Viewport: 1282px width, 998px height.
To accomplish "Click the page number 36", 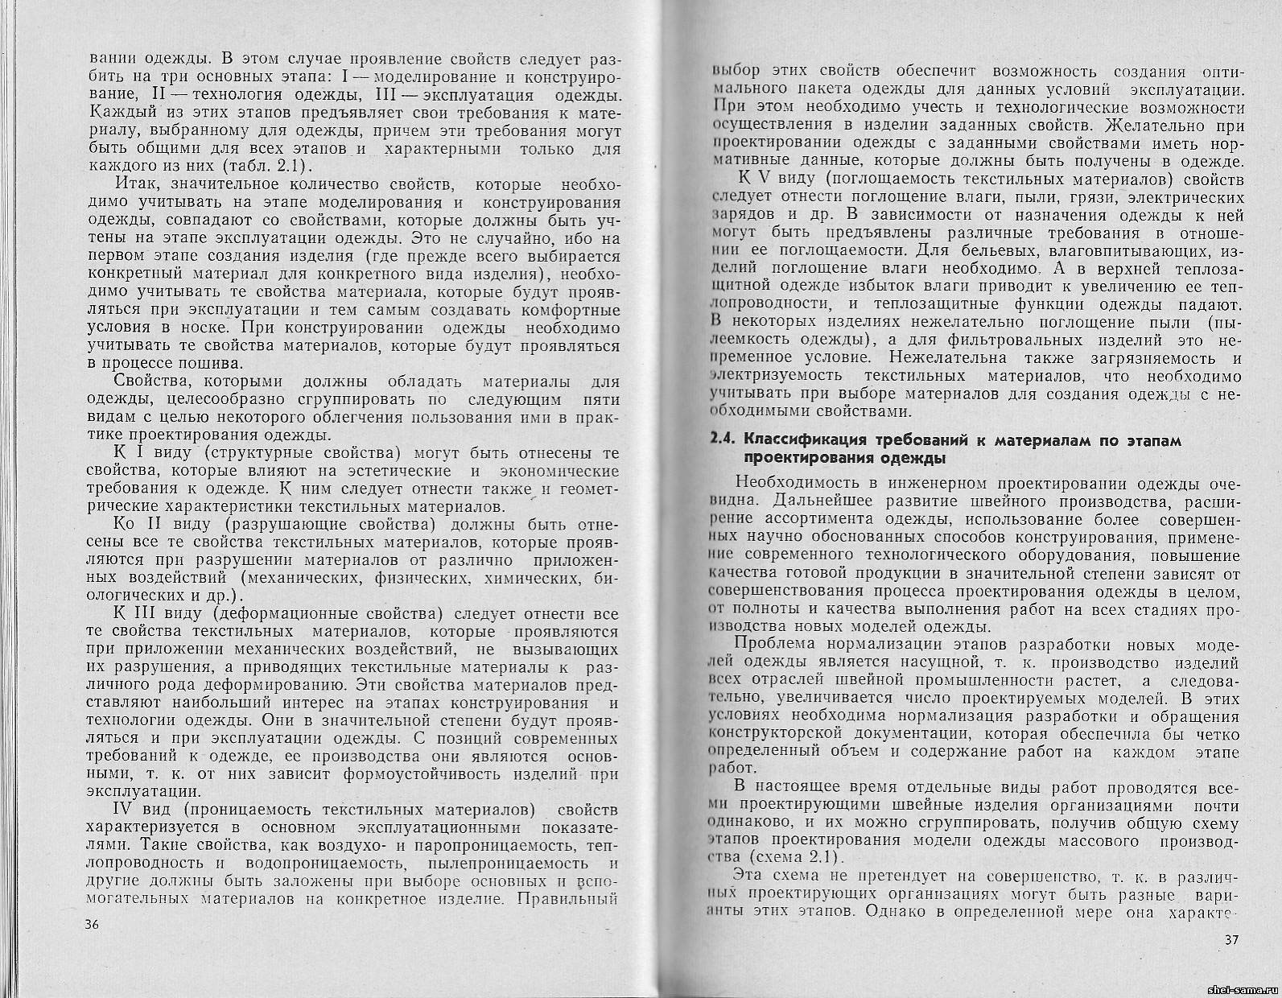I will (x=90, y=925).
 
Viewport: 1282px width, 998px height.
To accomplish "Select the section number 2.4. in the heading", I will (x=722, y=440).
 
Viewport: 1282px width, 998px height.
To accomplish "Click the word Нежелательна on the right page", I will (x=941, y=358).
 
